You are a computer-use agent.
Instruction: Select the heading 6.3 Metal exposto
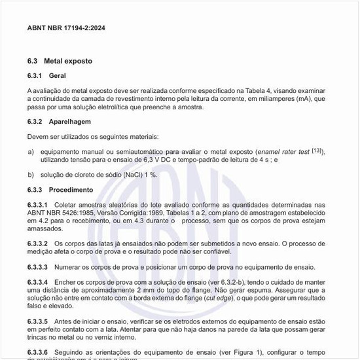coord(60,61)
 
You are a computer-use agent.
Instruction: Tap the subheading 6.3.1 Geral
coord(46,76)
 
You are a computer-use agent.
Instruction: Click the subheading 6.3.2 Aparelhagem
coord(59,122)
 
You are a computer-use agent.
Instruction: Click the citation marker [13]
coord(317,151)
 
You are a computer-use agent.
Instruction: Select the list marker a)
coord(31,152)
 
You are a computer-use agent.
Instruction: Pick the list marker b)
coord(31,174)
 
